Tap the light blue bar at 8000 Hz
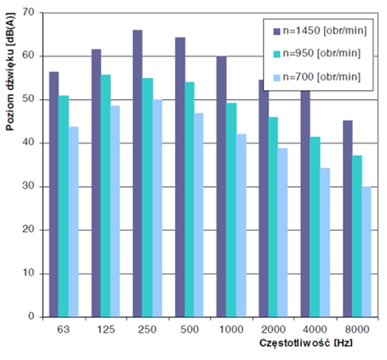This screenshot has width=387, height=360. click(366, 252)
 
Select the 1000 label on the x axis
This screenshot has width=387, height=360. click(231, 330)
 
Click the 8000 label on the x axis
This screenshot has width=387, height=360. click(356, 330)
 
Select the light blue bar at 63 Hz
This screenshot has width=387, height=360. click(74, 222)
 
